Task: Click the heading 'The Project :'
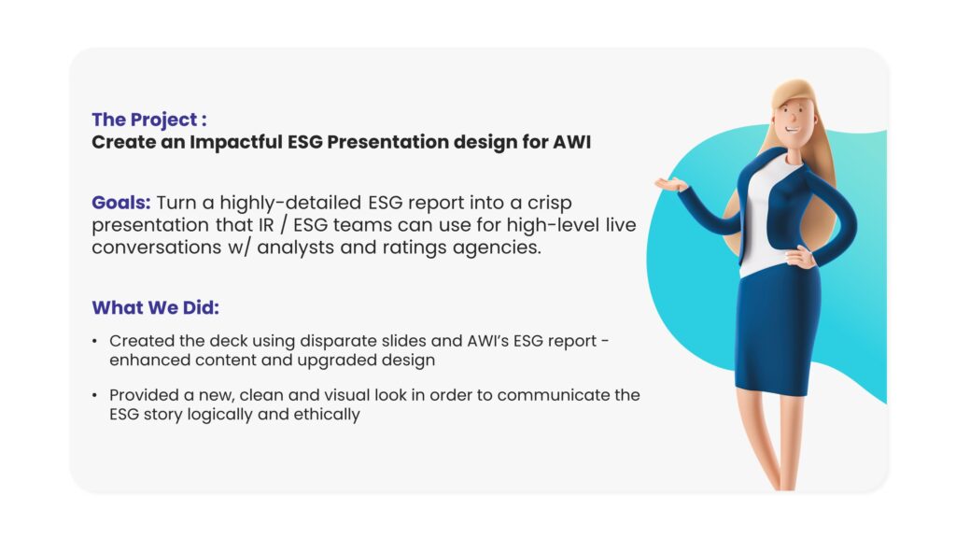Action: (149, 120)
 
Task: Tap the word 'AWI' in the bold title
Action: (572, 142)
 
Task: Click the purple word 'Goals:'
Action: (120, 203)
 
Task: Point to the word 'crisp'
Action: (549, 204)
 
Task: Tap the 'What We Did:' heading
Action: (156, 307)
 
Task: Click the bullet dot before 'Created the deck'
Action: (94, 341)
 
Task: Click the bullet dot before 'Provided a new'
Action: (94, 395)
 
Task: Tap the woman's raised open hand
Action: (670, 183)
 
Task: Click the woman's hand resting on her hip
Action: (799, 257)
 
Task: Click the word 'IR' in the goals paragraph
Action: (266, 225)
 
